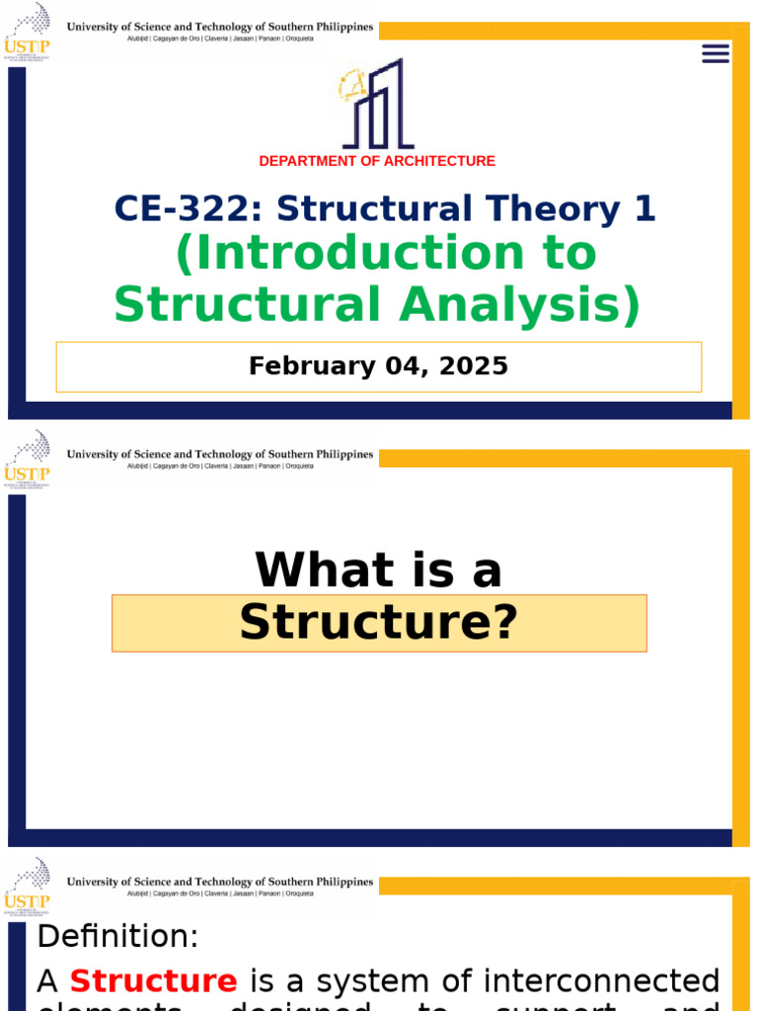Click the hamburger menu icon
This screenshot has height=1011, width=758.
point(716,53)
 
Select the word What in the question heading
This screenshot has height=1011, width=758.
point(316,571)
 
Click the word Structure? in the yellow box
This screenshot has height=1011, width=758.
point(379,623)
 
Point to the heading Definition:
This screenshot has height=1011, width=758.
point(117,936)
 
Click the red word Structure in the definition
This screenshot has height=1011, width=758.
point(153,981)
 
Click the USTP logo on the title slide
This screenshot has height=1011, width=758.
point(28,32)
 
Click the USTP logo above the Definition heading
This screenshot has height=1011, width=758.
point(28,884)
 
